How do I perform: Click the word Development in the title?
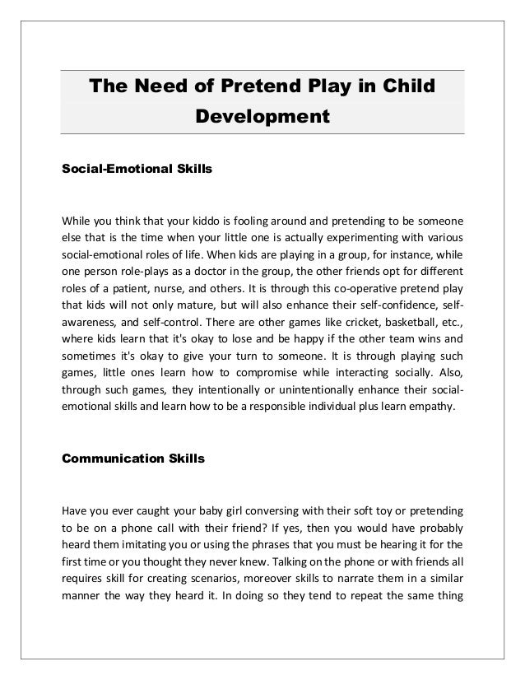click(x=262, y=116)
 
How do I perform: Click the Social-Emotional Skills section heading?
click(x=137, y=169)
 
